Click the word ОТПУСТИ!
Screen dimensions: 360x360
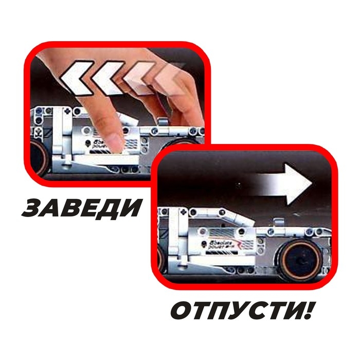click(x=241, y=311)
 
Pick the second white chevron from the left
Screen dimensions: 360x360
click(x=109, y=77)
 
